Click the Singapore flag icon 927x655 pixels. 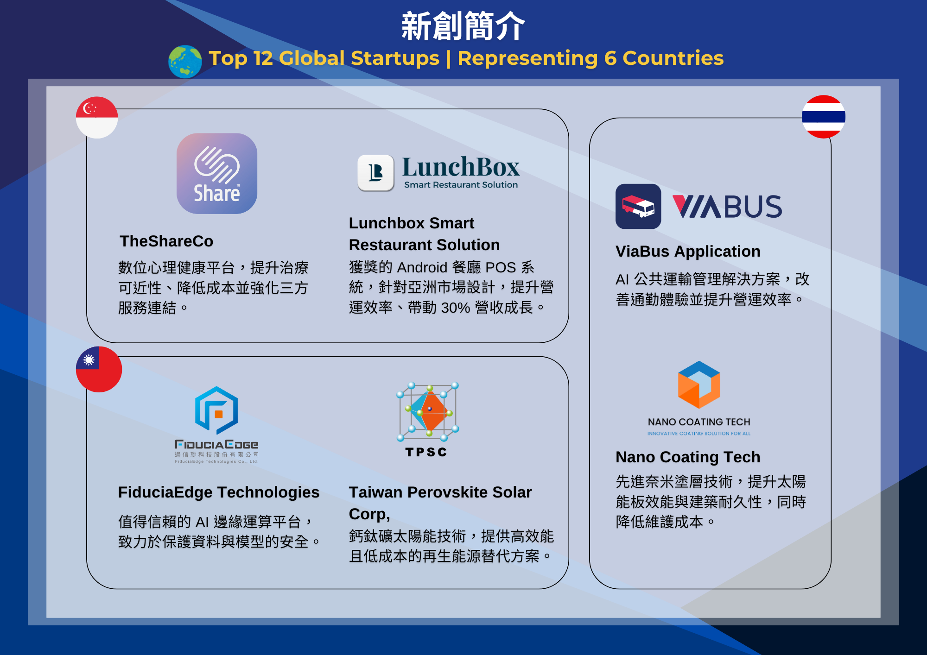point(97,118)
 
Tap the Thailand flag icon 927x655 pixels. point(824,117)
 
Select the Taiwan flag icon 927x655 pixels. point(99,369)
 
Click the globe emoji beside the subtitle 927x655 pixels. point(185,62)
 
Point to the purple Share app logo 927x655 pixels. point(217,174)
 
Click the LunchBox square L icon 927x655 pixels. point(375,173)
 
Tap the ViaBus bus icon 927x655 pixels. point(638,206)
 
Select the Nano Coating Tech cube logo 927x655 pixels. point(699,384)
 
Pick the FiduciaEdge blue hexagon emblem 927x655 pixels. point(216,410)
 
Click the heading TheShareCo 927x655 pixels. point(166,241)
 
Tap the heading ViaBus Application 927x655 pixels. point(688,252)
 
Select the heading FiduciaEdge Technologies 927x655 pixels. point(219,492)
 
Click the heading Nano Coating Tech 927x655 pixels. point(688,457)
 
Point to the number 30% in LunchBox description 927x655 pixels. point(456,308)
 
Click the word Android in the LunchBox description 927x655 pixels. point(422,267)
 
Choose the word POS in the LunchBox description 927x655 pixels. point(501,267)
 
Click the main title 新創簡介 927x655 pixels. point(463,26)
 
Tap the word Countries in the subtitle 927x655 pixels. point(673,58)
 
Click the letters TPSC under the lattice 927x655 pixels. point(426,452)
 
